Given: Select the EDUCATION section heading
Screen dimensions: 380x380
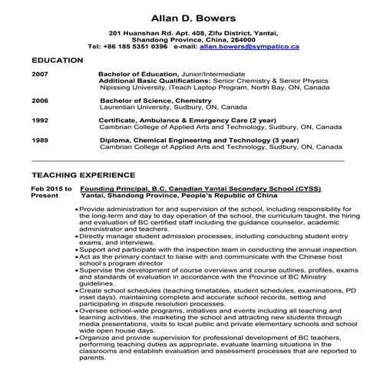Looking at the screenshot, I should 58,60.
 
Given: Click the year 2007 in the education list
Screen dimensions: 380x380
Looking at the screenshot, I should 39,74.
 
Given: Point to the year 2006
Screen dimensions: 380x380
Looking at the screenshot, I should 39,101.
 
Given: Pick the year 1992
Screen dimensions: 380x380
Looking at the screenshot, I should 39,121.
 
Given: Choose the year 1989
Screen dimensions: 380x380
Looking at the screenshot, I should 39,140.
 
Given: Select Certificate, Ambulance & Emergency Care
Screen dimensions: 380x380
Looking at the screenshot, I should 165,121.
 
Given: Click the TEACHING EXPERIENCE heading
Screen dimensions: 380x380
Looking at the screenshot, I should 84,175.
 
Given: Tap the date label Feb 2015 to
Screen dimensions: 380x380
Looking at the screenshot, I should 51,189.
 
